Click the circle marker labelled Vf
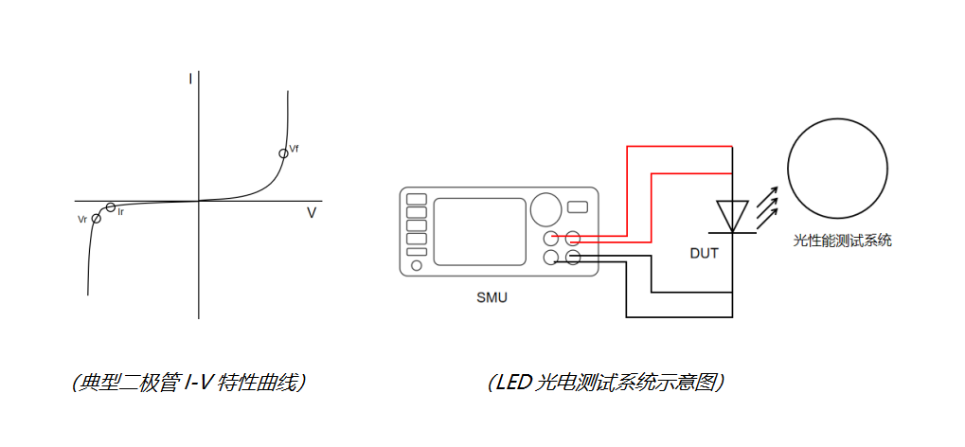tap(283, 153)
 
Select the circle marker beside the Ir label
tap(111, 207)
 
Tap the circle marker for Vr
tap(96, 219)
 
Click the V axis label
tap(311, 214)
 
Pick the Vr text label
tap(83, 219)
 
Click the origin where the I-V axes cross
tap(199, 201)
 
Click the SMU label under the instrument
tap(491, 297)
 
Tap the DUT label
tap(704, 253)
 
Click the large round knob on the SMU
tap(545, 208)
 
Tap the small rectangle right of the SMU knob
tap(577, 206)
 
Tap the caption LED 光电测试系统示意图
tap(606, 383)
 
